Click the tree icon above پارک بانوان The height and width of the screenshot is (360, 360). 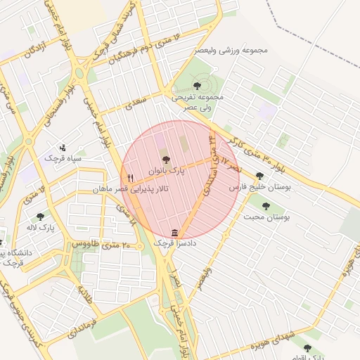(x=166, y=160)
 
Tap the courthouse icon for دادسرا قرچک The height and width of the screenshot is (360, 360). (x=174, y=233)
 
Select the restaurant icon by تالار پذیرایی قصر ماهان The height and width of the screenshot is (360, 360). (x=130, y=179)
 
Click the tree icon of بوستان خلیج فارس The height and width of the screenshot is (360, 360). (x=260, y=176)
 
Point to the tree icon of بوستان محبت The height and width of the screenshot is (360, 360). (x=266, y=207)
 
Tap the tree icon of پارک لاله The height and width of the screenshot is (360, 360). (x=39, y=217)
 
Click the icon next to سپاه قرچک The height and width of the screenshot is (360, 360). (x=63, y=148)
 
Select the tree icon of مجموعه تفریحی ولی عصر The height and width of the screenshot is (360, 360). (x=196, y=86)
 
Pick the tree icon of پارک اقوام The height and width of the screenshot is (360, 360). (x=307, y=347)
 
